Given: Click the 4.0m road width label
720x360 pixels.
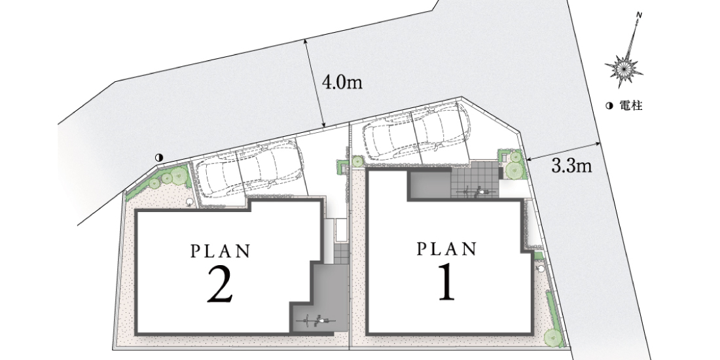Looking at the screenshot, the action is tap(342, 82).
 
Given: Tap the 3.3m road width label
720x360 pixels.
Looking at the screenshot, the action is tap(571, 166).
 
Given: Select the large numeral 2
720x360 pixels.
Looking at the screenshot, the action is tap(220, 285).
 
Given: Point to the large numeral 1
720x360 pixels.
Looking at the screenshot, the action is tap(446, 283).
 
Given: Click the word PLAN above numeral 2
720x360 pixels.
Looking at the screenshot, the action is tap(221, 251).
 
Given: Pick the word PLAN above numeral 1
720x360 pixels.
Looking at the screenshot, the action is tap(446, 249).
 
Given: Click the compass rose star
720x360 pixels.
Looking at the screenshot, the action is tap(624, 69).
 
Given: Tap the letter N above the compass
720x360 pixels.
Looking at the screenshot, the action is tap(639, 15).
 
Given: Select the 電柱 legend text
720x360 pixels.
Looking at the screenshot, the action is tap(630, 106).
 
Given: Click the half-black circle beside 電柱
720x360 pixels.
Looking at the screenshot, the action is tap(609, 106).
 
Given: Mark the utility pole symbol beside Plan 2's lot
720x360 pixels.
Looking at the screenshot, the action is tap(159, 158).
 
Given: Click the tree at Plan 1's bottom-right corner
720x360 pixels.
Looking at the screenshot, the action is tap(553, 338).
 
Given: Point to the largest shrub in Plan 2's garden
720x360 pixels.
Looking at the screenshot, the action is tap(179, 175).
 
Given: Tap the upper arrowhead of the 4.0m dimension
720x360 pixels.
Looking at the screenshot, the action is tap(306, 41).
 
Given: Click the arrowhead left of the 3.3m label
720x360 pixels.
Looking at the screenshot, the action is tap(528, 159).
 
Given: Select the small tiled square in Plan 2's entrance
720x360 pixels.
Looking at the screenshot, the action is tap(341, 253).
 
